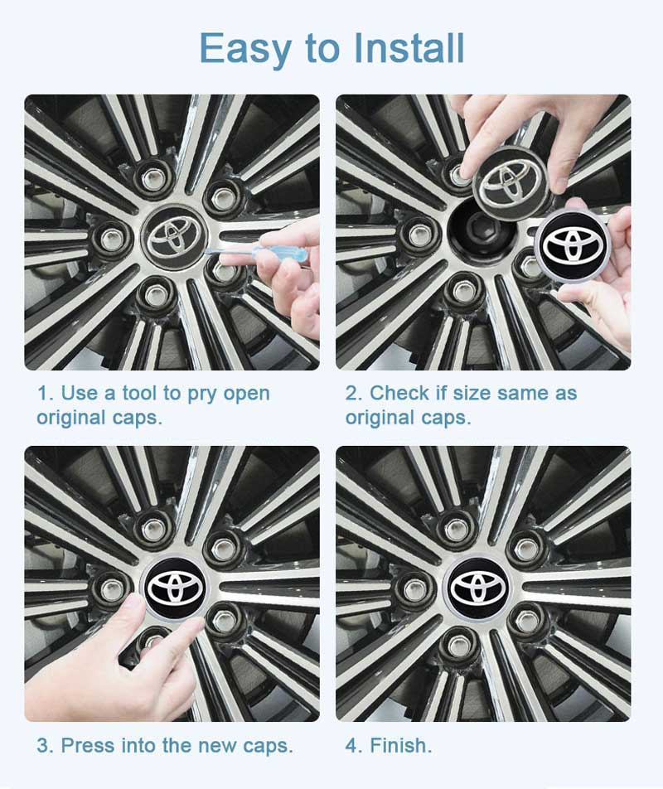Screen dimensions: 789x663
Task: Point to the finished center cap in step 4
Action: point(479,585)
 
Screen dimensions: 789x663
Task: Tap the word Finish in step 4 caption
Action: point(401,745)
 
